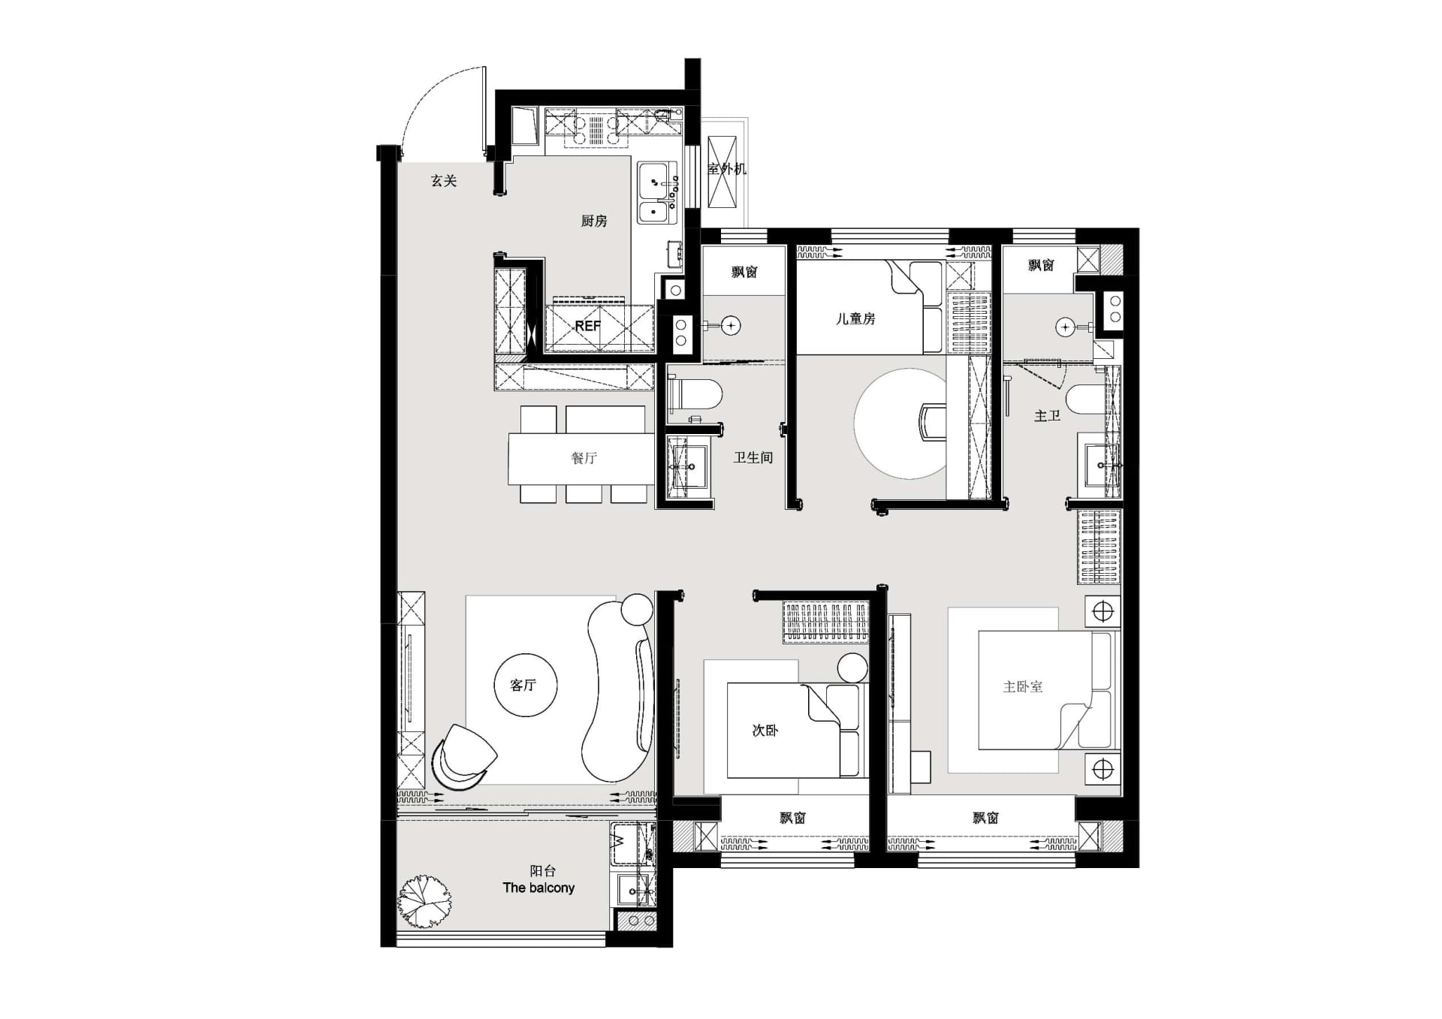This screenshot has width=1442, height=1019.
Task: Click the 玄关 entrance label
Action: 444,181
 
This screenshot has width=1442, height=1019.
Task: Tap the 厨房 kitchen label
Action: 594,221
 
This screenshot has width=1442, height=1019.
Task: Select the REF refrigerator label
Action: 587,326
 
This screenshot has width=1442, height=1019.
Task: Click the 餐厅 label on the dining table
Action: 584,458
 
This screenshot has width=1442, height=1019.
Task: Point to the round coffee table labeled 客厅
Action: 526,685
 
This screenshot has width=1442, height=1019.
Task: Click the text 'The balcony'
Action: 538,888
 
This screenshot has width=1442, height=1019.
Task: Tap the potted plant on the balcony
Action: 425,901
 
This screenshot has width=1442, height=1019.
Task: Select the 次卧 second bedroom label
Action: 765,730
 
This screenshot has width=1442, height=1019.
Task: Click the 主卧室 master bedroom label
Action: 1023,686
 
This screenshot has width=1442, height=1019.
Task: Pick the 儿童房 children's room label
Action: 856,318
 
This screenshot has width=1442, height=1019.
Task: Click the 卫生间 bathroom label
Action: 753,457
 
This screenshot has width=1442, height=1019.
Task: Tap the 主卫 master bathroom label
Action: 1047,415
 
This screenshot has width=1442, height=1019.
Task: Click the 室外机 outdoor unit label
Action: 727,169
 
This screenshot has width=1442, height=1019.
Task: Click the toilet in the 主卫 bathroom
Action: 1086,399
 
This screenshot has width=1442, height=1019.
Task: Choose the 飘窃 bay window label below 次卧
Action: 792,818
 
